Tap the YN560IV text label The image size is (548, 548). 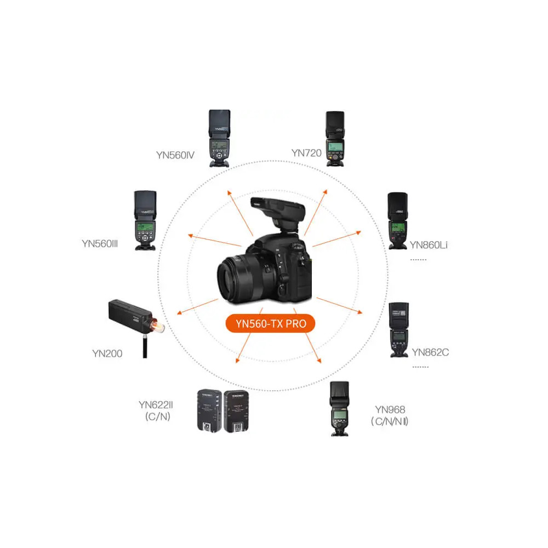175,155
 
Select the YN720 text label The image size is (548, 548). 306,153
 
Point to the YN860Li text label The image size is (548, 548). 429,244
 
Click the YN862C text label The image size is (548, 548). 430,352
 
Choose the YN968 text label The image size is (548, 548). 390,409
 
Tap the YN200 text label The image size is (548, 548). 107,353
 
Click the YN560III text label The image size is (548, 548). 100,243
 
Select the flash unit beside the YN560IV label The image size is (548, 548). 220,138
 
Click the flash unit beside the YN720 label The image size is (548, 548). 335,139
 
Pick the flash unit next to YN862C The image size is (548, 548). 398,329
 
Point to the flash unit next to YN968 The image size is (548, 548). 340,409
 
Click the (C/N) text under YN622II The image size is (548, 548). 157,417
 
